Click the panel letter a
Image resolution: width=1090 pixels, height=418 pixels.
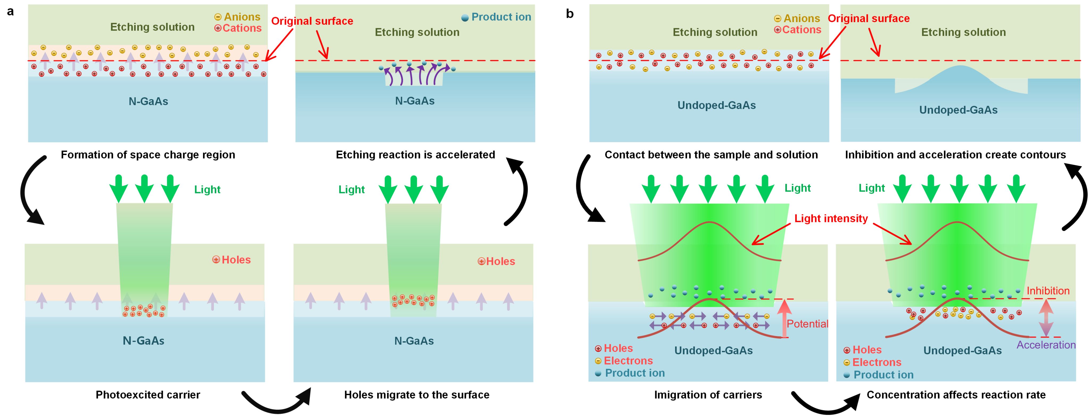pos(11,12)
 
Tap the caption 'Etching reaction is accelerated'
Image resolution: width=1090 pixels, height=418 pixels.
pos(415,155)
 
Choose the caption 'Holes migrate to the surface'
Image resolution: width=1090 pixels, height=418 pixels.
pos(416,395)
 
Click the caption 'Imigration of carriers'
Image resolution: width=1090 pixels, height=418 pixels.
pos(708,395)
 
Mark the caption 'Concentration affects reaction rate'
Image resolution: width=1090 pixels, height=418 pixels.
pos(956,395)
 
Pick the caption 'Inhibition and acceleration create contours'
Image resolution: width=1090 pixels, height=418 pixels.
pos(955,155)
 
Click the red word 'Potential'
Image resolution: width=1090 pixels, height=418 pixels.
pos(807,324)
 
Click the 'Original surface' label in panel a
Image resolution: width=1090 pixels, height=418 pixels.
pos(312,21)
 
